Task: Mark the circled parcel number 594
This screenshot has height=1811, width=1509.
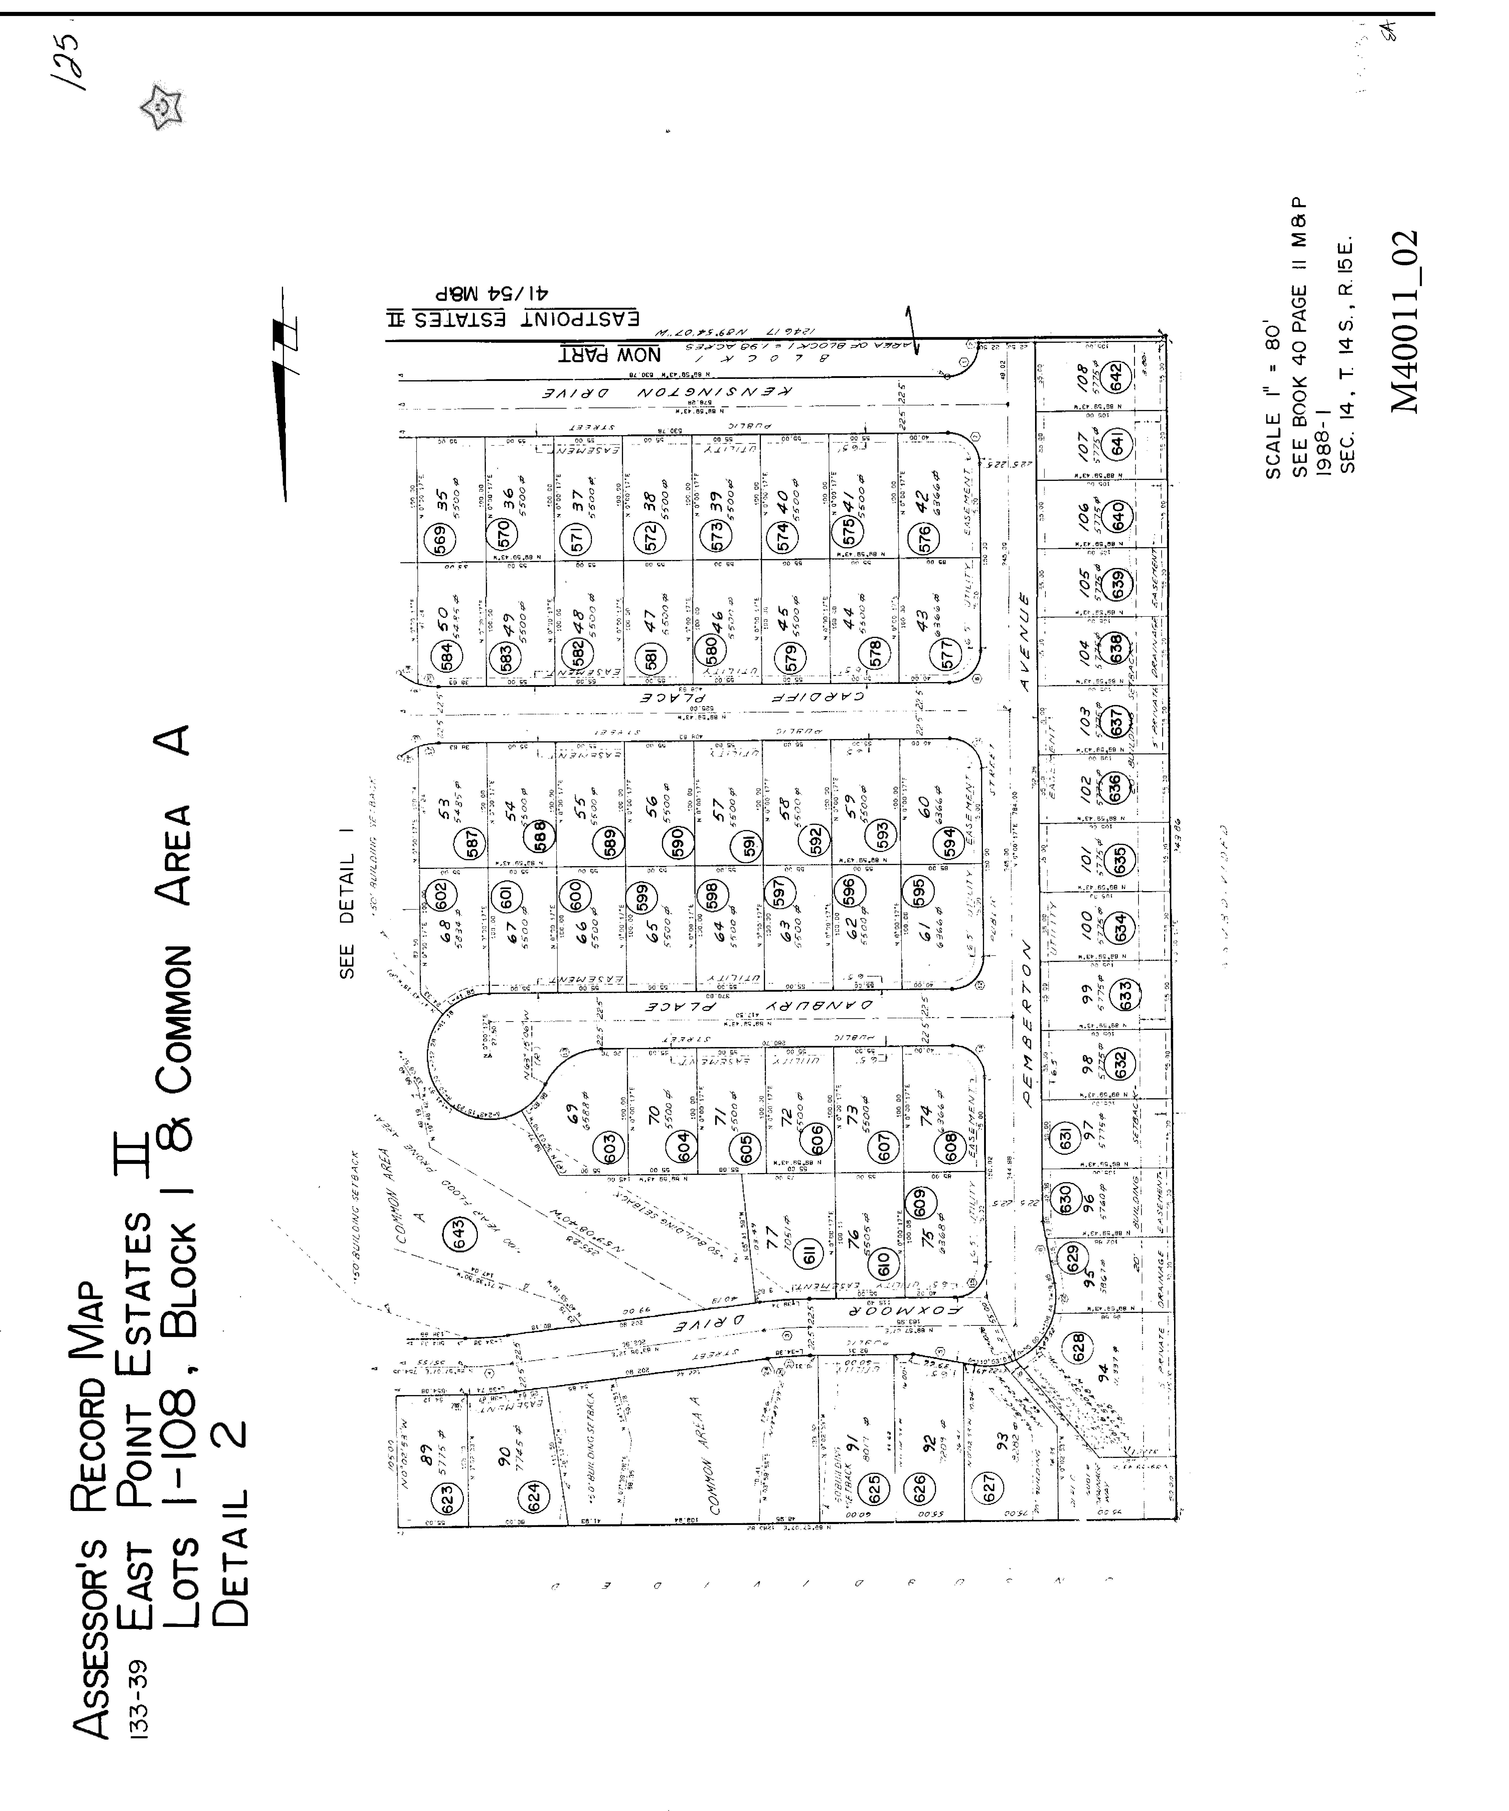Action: coord(949,841)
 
